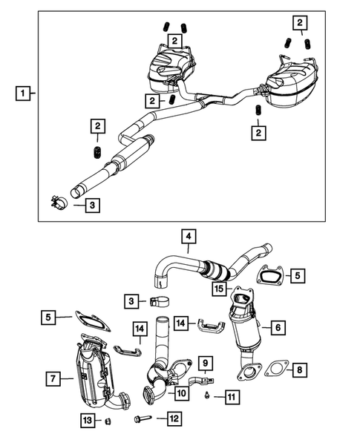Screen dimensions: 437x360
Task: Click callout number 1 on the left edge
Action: pos(24,93)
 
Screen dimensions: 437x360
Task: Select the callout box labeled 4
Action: pos(189,237)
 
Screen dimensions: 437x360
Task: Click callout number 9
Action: pos(206,364)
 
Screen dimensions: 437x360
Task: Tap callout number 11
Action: pos(232,398)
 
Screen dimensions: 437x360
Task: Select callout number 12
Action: pos(174,419)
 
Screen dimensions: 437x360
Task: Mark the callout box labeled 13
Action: pos(88,421)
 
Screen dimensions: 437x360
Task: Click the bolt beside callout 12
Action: pos(143,419)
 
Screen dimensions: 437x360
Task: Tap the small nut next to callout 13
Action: pos(109,421)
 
